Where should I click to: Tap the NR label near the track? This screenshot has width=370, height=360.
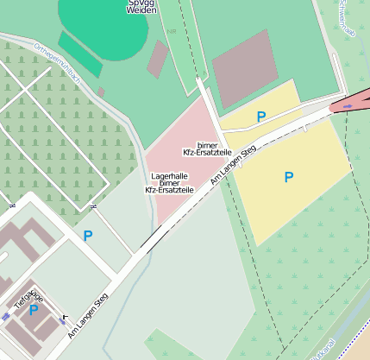pos(172,30)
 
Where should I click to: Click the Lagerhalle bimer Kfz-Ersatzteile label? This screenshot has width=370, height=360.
pos(169,182)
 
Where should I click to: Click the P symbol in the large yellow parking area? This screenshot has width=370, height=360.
pos(289,177)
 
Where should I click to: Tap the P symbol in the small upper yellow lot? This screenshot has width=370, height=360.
pos(260,116)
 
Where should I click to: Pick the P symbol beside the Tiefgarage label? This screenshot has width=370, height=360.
pos(34,310)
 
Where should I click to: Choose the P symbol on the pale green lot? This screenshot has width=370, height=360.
pos(87,235)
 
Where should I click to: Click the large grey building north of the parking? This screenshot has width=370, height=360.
pos(245,67)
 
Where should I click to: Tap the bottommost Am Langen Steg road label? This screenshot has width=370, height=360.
pos(89,313)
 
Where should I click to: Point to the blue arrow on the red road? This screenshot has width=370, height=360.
pos(348,105)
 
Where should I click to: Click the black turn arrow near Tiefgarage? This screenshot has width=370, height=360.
pos(63,317)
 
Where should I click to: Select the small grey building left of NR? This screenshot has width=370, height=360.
pos(158,58)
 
